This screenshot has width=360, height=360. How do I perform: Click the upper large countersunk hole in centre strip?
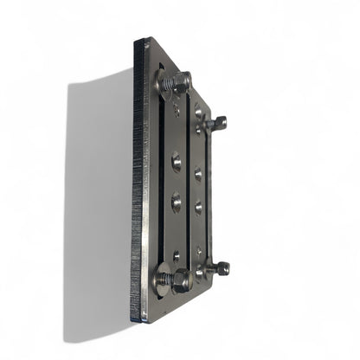(x=177, y=161)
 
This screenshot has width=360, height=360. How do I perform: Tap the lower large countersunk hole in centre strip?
(x=177, y=202)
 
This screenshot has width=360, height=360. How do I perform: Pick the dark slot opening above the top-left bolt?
(x=162, y=65)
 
